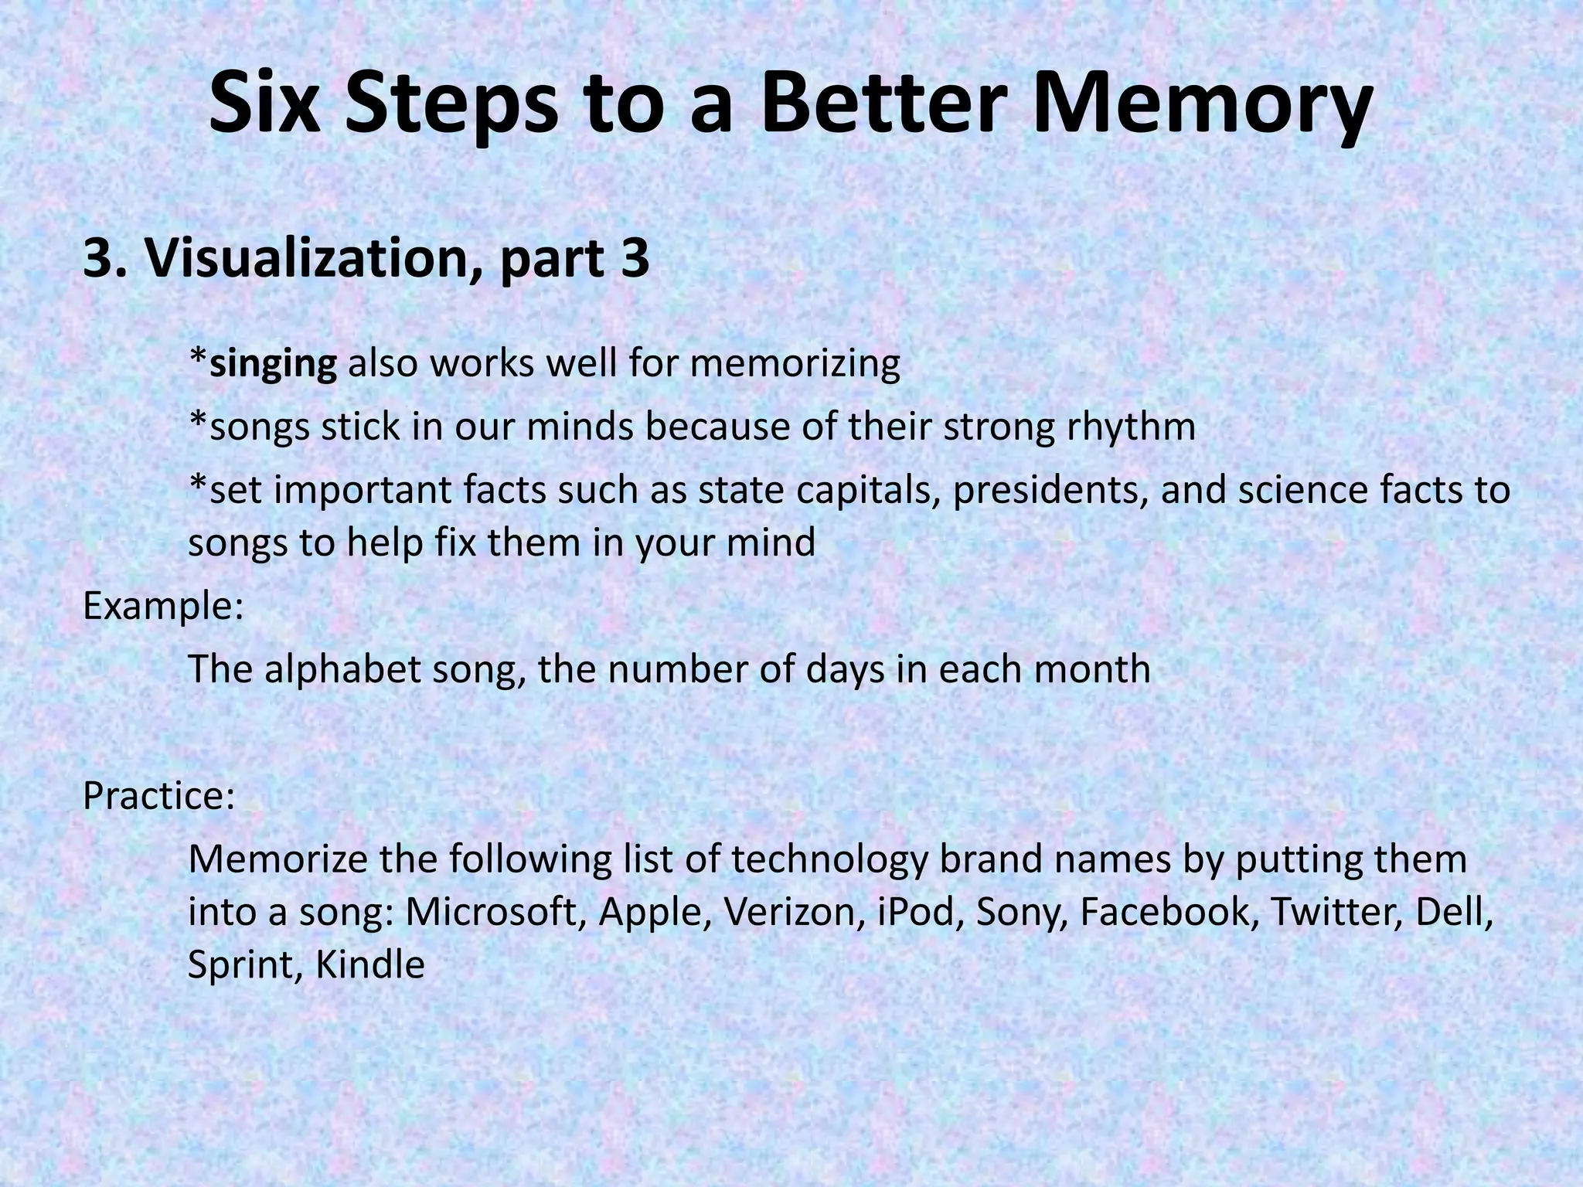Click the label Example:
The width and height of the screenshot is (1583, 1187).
163,607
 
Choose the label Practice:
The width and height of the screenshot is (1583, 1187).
158,796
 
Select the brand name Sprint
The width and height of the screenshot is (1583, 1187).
238,965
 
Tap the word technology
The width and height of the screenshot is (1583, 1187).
829,860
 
